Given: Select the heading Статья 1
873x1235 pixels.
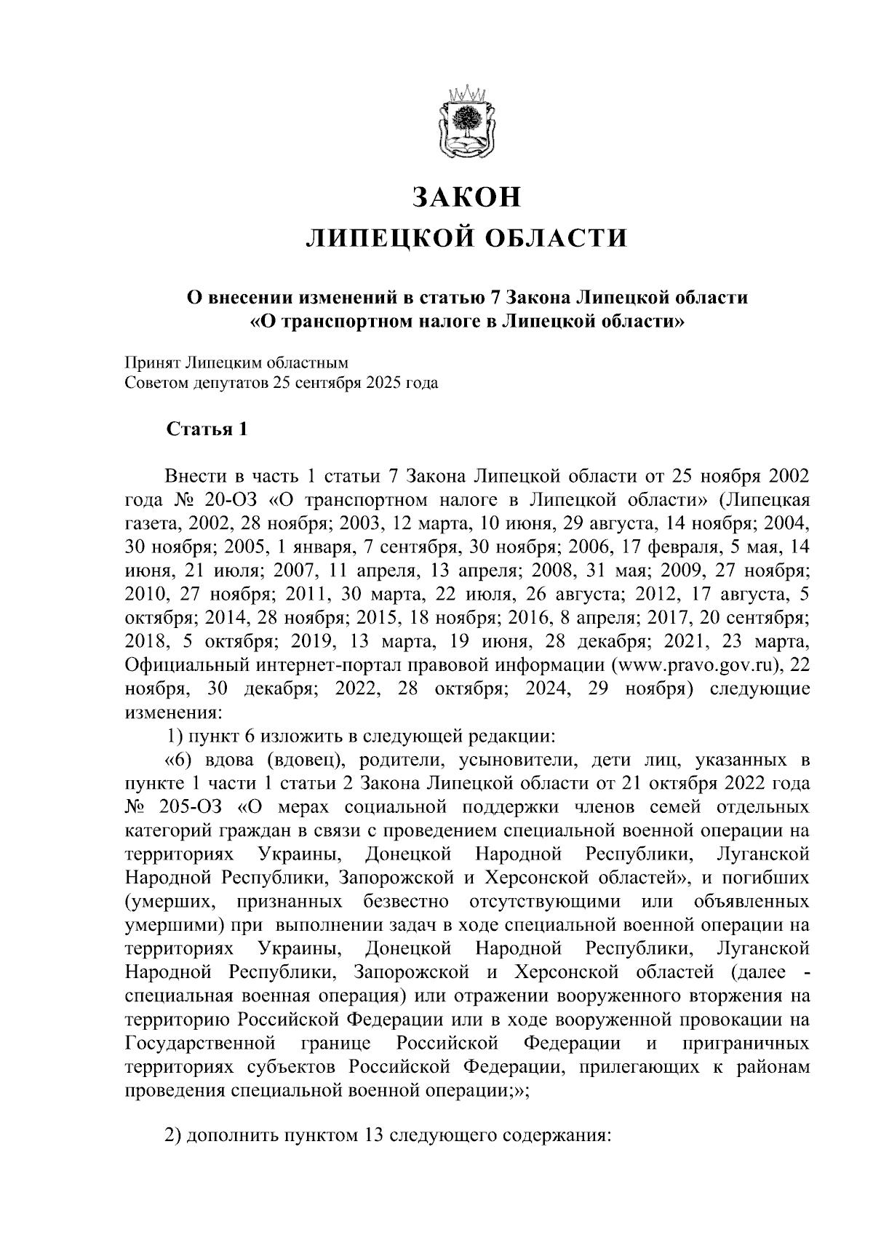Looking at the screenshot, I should pos(207,429).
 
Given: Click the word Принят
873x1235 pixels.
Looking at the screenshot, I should pos(152,362).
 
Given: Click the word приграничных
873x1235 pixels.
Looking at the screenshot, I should pos(746,1043).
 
